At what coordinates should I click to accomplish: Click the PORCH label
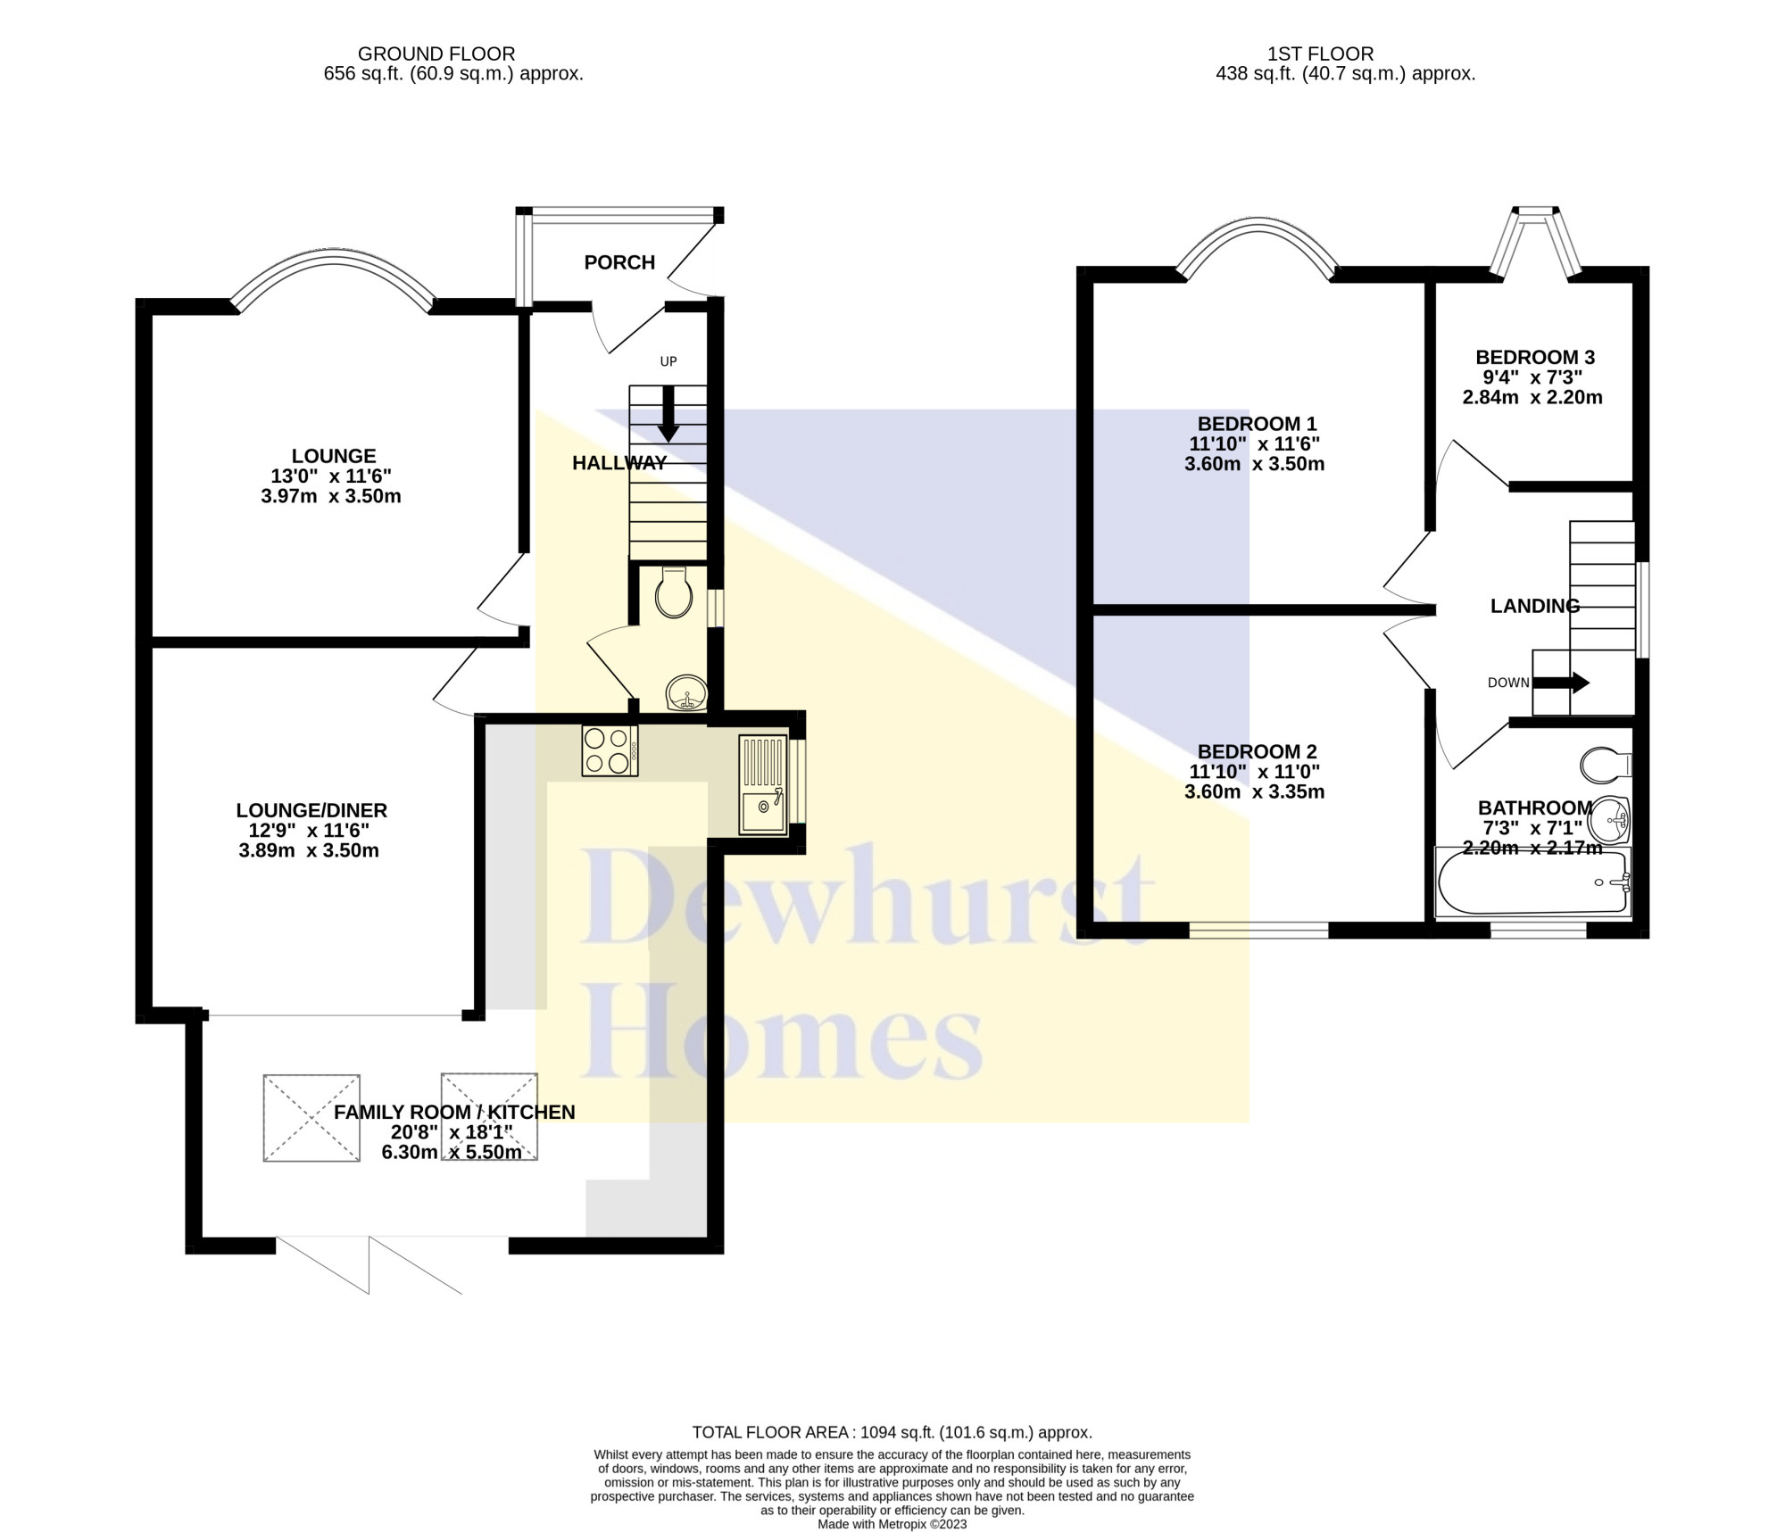tap(619, 262)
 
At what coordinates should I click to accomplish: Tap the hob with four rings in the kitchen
tap(610, 750)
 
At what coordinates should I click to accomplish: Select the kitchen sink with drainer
tap(763, 785)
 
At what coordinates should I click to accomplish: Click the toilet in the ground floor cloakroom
tap(673, 592)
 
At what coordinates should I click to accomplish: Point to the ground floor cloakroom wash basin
tap(686, 692)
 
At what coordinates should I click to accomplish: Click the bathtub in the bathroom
tap(1532, 882)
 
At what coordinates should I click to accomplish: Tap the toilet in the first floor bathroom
tap(1606, 765)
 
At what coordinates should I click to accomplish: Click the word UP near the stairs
tap(668, 361)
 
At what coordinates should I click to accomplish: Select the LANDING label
tap(1535, 606)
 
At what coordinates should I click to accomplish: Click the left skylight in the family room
tap(311, 1118)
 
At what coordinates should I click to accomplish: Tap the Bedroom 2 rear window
tap(1259, 930)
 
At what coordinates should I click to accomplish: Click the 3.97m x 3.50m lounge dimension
tap(331, 496)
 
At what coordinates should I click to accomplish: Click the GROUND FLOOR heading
tap(436, 54)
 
